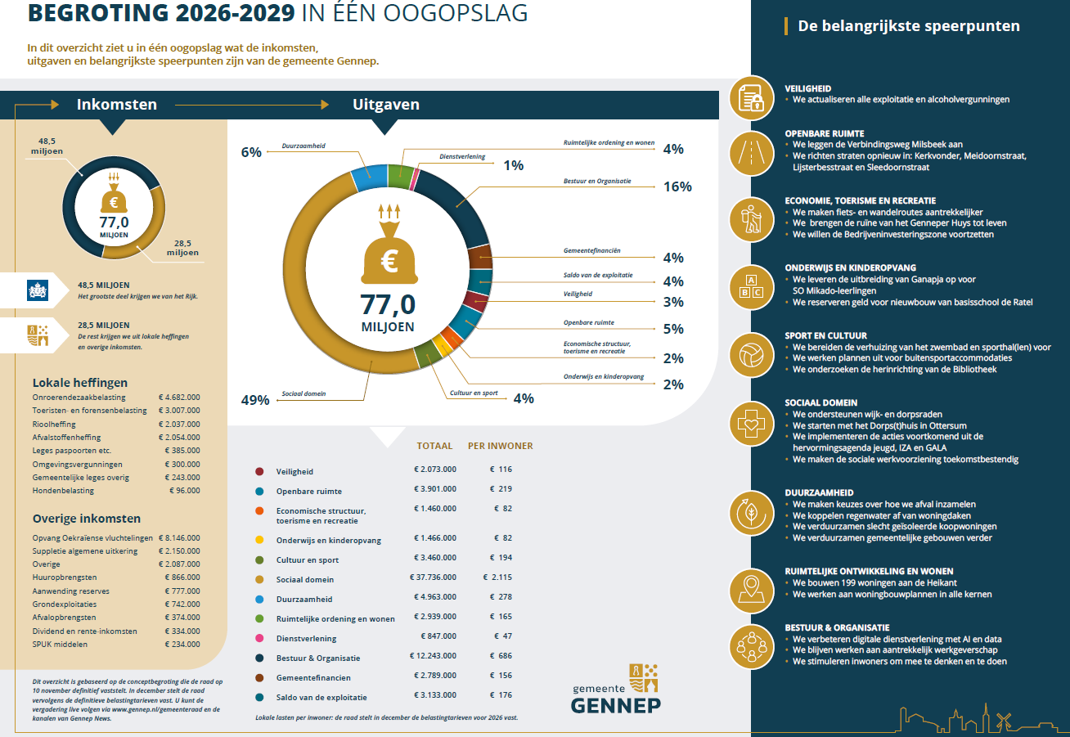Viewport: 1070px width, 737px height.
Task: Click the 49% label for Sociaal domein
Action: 254,400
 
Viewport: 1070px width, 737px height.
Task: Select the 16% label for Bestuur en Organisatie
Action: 677,186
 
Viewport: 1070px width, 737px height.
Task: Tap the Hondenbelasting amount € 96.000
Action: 183,491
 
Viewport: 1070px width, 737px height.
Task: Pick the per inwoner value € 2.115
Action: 497,579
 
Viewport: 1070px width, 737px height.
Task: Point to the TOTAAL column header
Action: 434,447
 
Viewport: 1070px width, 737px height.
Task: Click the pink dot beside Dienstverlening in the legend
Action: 259,638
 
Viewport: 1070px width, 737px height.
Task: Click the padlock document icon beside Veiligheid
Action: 751,99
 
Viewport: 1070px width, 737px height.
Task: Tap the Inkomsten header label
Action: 116,105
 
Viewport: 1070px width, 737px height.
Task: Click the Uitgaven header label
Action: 385,105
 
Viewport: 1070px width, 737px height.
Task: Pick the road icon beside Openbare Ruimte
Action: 751,151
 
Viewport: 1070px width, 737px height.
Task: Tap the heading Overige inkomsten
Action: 86,519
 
